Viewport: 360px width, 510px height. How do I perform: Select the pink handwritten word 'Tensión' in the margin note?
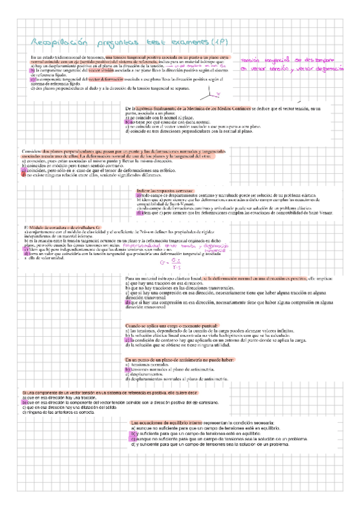[x=253, y=61]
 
